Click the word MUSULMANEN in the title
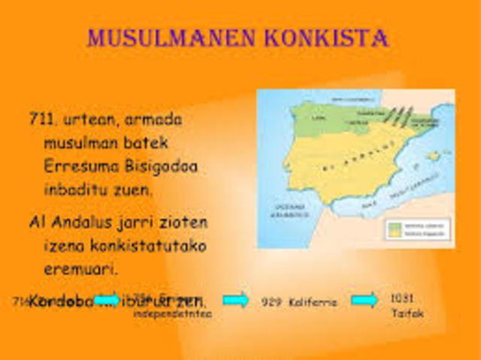(168, 37)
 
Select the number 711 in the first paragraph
(41, 119)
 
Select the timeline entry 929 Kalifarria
(299, 302)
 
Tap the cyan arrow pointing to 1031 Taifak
(365, 300)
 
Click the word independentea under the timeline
(172, 313)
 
